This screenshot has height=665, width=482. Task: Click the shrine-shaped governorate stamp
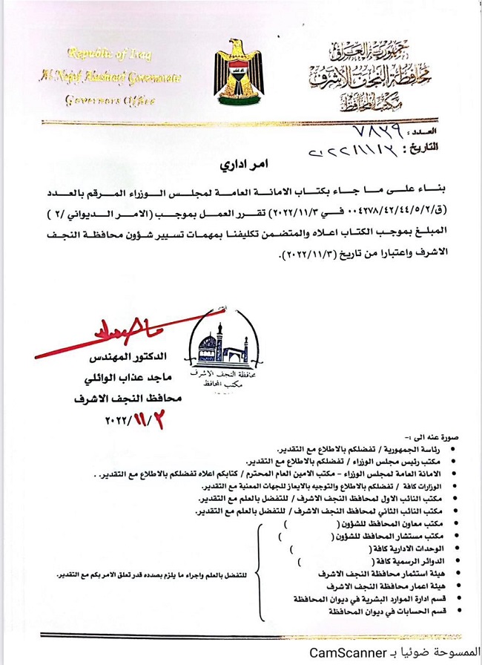click(223, 356)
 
